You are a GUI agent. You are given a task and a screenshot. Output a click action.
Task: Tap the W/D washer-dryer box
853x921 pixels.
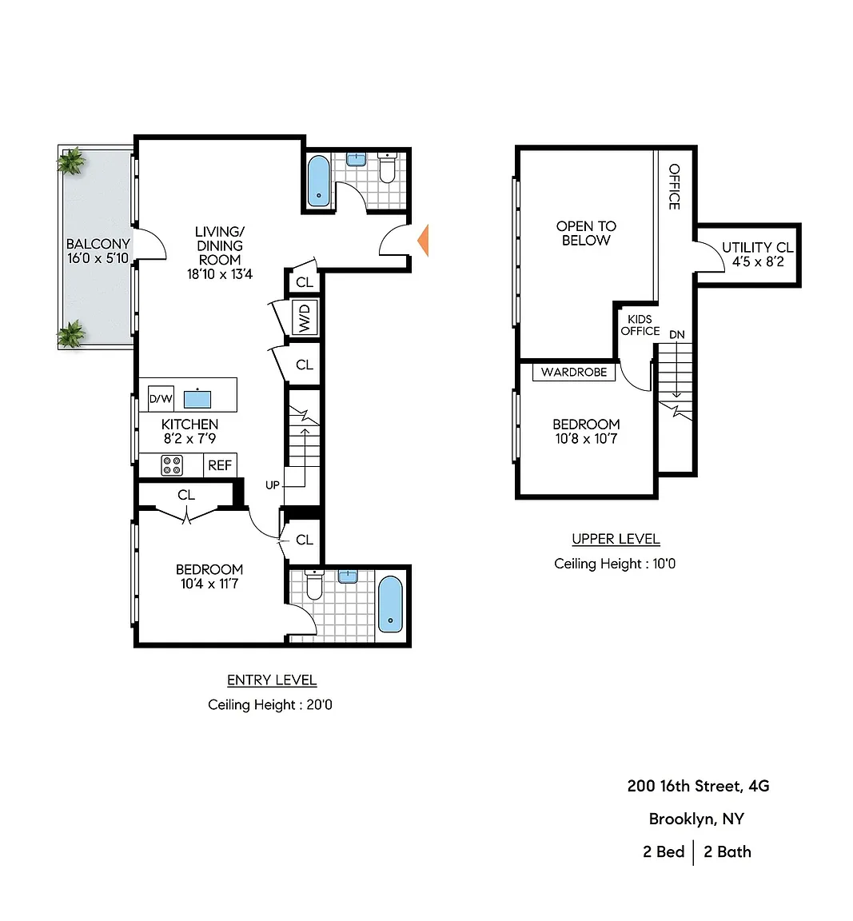[305, 317]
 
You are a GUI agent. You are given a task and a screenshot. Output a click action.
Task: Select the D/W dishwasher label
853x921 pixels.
[161, 399]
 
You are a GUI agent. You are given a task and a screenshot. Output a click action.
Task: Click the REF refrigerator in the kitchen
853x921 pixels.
[220, 465]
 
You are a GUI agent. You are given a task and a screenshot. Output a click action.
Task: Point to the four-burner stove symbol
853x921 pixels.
[172, 466]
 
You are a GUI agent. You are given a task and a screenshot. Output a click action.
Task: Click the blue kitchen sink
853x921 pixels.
[197, 399]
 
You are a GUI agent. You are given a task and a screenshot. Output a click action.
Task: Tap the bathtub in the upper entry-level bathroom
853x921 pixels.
[319, 181]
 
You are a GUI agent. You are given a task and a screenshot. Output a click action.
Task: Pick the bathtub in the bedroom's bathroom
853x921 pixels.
[390, 604]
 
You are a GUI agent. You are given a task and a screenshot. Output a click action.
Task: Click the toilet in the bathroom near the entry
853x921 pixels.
[387, 167]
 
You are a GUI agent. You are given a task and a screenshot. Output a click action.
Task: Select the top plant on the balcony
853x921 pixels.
[71, 161]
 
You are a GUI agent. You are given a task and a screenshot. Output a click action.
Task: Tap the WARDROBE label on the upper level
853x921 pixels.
[574, 372]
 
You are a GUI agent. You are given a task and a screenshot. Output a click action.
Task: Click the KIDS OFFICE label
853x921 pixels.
[640, 325]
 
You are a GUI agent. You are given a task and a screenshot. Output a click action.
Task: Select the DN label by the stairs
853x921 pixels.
[677, 335]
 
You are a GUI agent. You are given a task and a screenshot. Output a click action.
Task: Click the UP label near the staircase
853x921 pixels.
[272, 485]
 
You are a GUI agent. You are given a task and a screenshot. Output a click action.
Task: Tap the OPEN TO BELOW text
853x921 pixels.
[586, 233]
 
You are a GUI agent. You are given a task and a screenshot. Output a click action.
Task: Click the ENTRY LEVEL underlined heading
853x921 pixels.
[272, 680]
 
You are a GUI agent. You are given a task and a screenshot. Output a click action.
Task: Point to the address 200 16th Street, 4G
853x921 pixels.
[698, 786]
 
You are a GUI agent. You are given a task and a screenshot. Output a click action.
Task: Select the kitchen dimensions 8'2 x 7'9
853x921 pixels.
[189, 438]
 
